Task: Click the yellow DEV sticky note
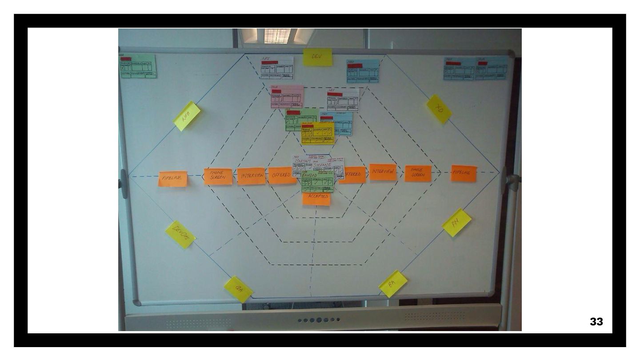coord(318,57)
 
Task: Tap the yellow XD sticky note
coord(439,109)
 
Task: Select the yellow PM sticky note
coord(456,222)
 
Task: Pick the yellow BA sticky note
coord(393,284)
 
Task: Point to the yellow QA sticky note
coord(238,289)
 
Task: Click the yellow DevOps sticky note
coord(180,234)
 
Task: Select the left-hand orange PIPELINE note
coord(172,179)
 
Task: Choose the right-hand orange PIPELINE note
coord(464,173)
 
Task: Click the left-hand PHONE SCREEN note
coord(218,176)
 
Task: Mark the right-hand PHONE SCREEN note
coord(418,173)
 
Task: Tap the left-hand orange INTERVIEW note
coord(251,176)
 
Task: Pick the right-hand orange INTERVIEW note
coord(383,172)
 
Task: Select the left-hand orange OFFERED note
coord(282,176)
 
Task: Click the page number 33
coord(596,322)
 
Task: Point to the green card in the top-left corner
coord(138,67)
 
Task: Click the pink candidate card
coord(287,97)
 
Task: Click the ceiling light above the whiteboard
coord(277,36)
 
